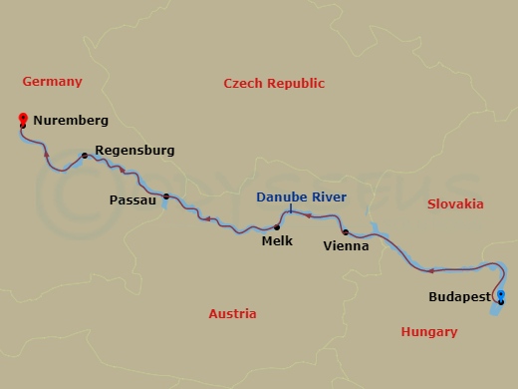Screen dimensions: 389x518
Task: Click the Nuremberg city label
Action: [x=71, y=121]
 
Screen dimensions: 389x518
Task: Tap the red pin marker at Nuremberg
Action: [x=24, y=120]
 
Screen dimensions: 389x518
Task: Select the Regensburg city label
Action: [x=134, y=151]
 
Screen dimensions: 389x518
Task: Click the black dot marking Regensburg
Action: [x=97, y=155]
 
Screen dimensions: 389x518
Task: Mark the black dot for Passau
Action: [x=166, y=196]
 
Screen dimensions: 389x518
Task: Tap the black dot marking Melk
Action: [x=276, y=227]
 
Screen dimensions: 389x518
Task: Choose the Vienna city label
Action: [x=348, y=245]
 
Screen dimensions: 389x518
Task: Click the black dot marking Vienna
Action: [x=345, y=232]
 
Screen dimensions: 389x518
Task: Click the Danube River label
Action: [x=301, y=197]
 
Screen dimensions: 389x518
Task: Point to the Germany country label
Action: [x=51, y=81]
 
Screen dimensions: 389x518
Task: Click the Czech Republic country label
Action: [x=274, y=84]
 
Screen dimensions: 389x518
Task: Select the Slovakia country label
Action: [x=455, y=203]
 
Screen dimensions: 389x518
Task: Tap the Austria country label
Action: [x=232, y=313]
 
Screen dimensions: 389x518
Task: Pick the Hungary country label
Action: [x=427, y=331]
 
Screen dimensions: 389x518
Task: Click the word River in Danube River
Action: [x=328, y=197]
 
